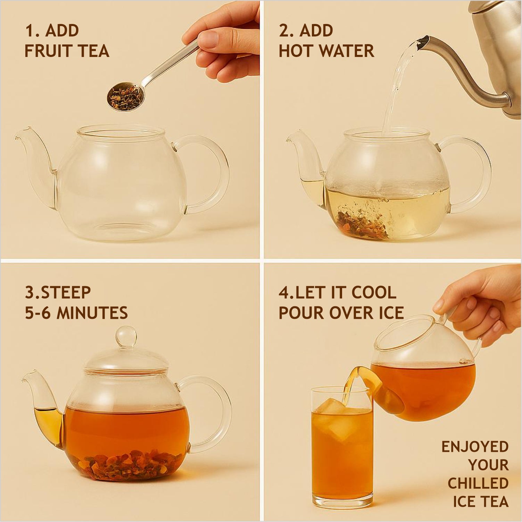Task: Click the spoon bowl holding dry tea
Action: pyautogui.click(x=125, y=97)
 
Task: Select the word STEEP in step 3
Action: pyautogui.click(x=66, y=292)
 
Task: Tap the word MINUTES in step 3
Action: pyautogui.click(x=92, y=313)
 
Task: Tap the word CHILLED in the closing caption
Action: pyautogui.click(x=478, y=483)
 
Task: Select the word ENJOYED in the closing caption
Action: pyautogui.click(x=475, y=447)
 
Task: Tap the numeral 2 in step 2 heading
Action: pyautogui.click(x=283, y=31)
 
